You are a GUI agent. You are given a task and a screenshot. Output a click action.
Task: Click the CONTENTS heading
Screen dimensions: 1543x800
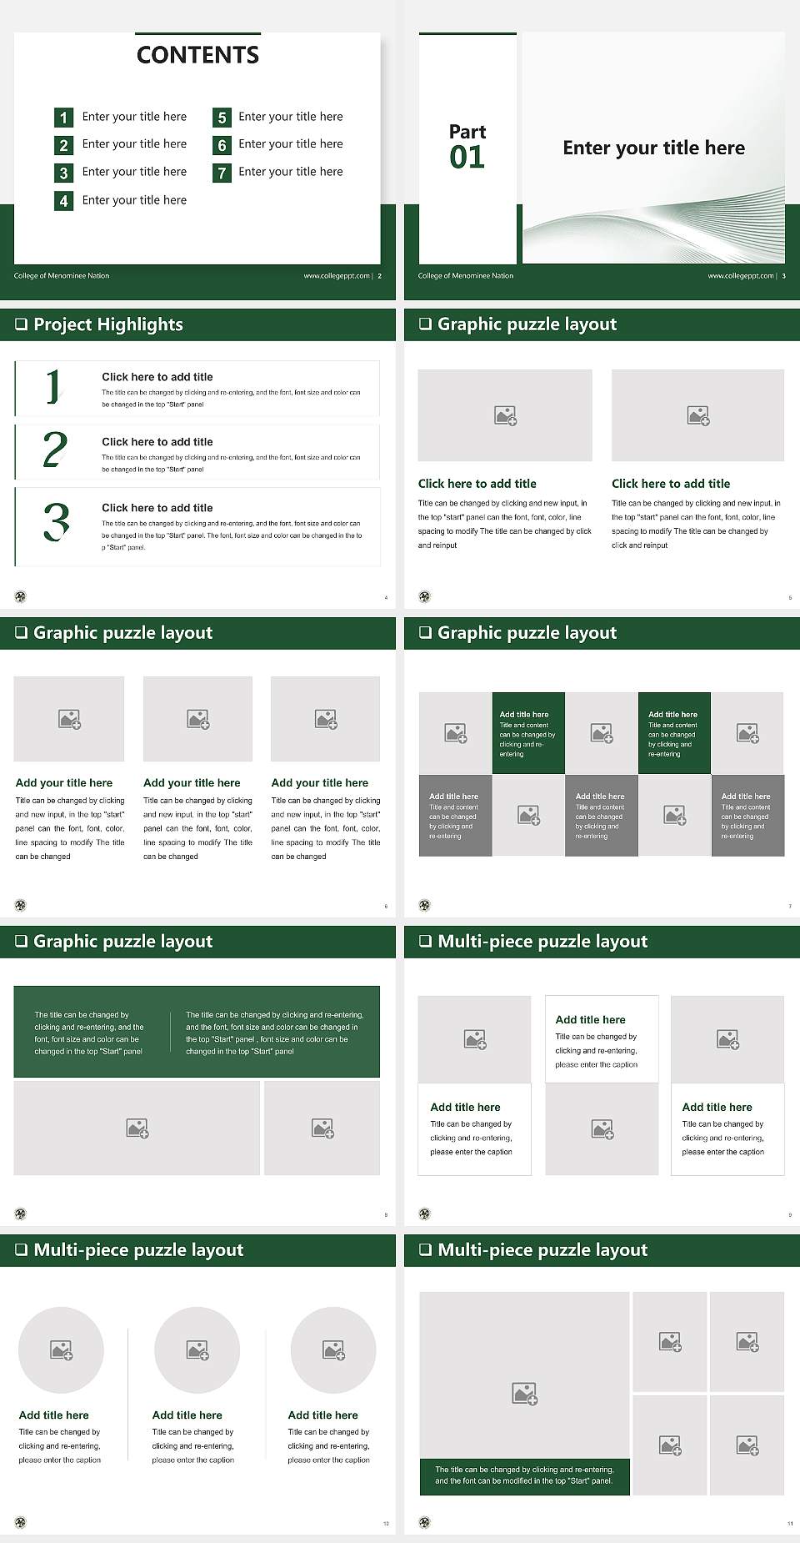point(197,55)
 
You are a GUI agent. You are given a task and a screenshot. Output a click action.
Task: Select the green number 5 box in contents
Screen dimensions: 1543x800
point(222,118)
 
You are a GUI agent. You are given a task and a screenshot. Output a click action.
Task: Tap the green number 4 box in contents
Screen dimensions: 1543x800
point(63,201)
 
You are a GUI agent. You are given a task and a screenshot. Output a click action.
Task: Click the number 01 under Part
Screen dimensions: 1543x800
point(467,158)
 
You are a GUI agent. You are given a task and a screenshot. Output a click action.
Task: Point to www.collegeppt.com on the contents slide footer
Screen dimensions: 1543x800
point(336,276)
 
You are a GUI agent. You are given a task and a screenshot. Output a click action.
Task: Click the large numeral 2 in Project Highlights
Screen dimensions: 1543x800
point(55,450)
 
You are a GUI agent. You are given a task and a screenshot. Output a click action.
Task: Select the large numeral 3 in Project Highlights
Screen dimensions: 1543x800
point(56,523)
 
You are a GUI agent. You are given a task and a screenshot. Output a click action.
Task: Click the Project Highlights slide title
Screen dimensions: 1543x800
point(107,324)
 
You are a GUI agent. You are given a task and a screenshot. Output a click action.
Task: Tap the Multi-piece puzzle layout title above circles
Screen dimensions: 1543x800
point(138,1250)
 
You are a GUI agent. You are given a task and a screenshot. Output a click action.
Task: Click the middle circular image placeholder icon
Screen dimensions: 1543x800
point(197,1350)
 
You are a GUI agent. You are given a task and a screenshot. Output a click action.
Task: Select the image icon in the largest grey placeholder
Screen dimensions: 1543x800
point(524,1393)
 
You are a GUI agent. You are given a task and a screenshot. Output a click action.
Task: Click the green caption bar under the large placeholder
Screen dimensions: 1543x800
point(524,1475)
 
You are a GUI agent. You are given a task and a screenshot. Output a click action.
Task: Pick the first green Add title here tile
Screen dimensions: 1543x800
point(528,732)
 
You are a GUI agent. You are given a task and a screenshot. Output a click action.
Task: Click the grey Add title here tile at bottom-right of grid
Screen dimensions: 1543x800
point(747,814)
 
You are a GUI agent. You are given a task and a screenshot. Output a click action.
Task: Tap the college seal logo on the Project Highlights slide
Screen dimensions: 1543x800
point(20,596)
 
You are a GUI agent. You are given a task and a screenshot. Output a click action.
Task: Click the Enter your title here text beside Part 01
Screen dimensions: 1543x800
point(653,148)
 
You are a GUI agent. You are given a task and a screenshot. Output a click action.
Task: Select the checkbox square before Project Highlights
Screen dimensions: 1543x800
point(21,324)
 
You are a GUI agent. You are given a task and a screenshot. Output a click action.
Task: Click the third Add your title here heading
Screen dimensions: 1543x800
point(319,783)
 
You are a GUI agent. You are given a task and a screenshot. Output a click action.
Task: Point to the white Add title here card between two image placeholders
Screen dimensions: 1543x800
point(601,1039)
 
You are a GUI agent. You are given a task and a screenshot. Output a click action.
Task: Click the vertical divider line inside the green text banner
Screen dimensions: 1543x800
point(170,1032)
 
